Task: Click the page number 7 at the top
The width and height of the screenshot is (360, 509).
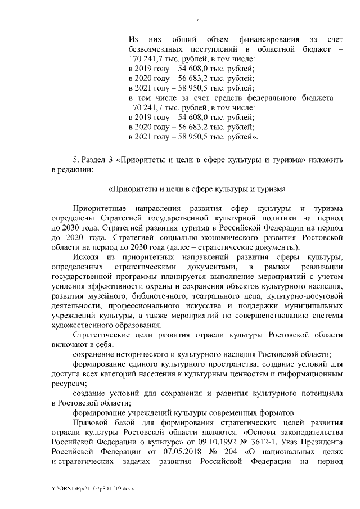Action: tap(197, 21)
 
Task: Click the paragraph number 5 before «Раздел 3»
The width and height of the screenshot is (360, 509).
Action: tap(75, 159)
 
